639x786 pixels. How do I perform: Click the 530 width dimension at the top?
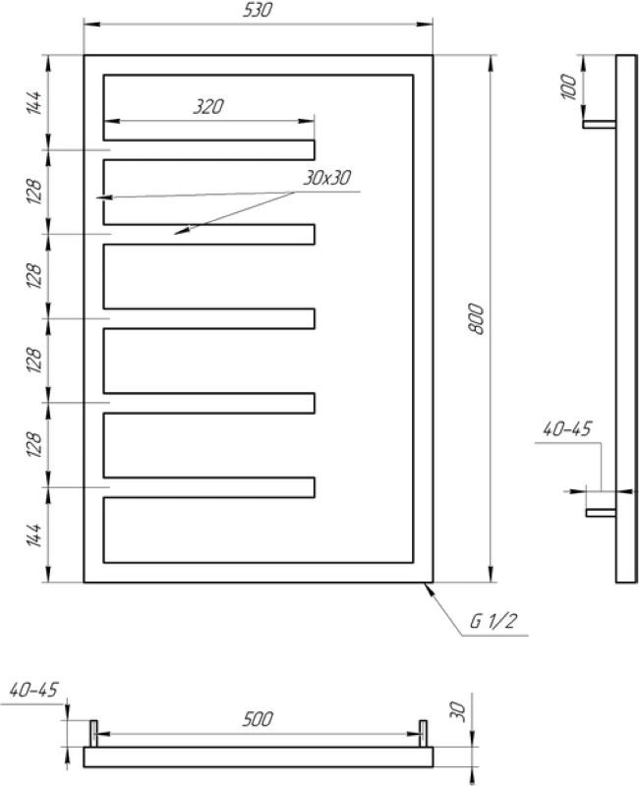coord(258,10)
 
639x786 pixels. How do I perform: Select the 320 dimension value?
coord(208,107)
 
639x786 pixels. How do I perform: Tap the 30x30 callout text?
coord(326,178)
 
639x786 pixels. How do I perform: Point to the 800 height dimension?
coord(477,318)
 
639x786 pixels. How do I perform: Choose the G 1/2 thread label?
coord(493,622)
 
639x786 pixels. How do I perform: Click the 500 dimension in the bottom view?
coord(258,719)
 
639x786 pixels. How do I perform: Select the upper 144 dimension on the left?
coord(33,103)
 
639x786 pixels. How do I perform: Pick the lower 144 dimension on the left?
coord(33,535)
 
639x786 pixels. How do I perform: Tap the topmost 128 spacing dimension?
coord(33,191)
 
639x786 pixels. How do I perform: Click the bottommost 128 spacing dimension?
coord(33,444)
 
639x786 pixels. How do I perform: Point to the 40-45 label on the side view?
coord(567,429)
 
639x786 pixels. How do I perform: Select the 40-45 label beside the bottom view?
coord(33,690)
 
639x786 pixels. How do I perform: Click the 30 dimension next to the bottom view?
coord(459,711)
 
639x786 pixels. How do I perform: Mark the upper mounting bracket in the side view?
coord(600,125)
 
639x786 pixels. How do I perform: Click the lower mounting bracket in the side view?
coord(602,512)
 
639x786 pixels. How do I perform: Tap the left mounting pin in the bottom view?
coord(93,733)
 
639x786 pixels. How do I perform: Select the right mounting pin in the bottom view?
coord(424,733)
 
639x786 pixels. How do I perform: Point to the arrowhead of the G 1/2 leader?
coord(426,585)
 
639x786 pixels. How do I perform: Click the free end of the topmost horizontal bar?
coord(315,150)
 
